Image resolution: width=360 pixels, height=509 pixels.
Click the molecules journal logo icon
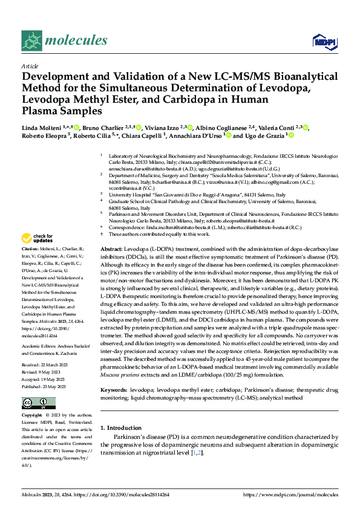31,40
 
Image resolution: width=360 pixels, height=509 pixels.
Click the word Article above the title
30,66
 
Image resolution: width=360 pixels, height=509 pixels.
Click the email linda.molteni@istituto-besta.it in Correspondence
173,227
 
